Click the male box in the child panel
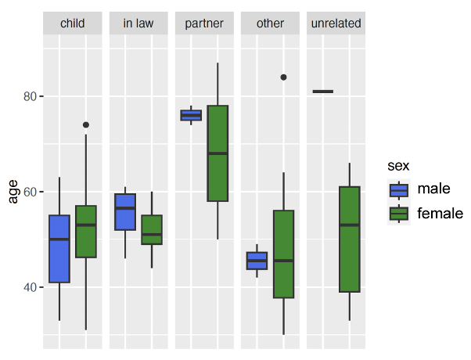click(59, 249)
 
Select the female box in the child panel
click(86, 232)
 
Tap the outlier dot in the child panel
click(86, 124)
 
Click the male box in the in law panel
click(125, 211)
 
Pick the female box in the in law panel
click(152, 229)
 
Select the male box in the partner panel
click(191, 115)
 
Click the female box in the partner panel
click(218, 153)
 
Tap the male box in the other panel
click(257, 261)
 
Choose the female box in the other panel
click(283, 254)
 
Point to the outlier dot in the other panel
click(283, 77)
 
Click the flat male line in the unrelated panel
click(322, 92)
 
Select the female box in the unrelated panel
click(349, 239)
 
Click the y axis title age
click(13, 192)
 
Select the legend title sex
click(399, 166)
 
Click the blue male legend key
click(399, 189)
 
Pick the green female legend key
click(399, 213)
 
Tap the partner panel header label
click(204, 23)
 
